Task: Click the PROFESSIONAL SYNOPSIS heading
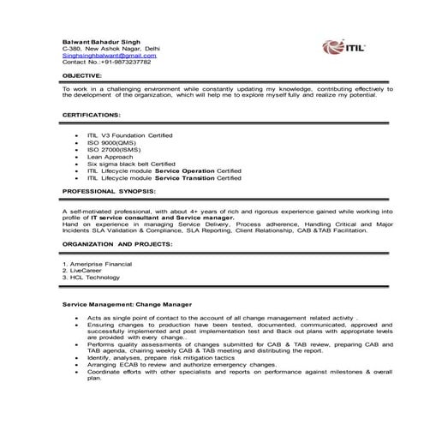[x=108, y=192]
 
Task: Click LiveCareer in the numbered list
[x=89, y=272]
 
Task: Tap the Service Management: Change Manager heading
[x=127, y=304]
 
